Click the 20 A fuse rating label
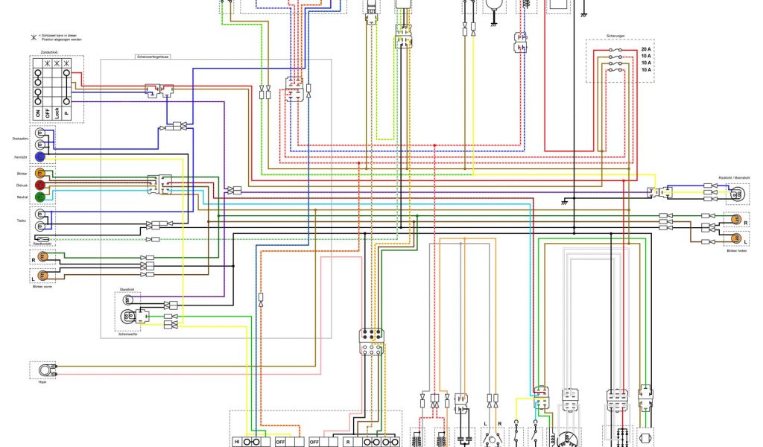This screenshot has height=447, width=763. (x=645, y=50)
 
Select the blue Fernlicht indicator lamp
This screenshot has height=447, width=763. (x=41, y=157)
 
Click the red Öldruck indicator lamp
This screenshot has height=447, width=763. (x=41, y=185)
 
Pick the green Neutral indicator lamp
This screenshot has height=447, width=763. (x=41, y=197)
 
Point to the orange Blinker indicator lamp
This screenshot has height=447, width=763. (x=41, y=173)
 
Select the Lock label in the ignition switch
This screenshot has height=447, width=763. (x=57, y=113)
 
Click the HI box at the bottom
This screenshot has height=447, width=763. (x=238, y=441)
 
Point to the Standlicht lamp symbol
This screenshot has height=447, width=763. (x=127, y=299)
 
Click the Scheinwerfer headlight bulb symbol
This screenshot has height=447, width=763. (x=127, y=317)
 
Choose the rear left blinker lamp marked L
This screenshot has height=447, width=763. (x=735, y=239)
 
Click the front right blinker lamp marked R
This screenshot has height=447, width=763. (x=42, y=257)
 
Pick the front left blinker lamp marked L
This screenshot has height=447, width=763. (x=42, y=276)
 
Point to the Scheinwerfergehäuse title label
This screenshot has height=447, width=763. (x=153, y=57)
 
